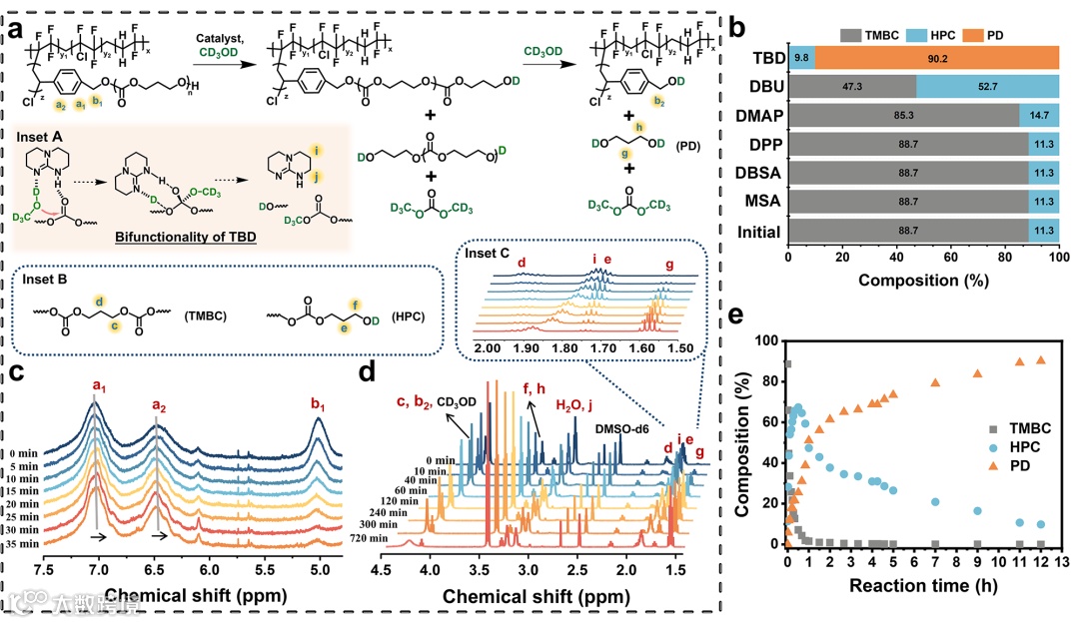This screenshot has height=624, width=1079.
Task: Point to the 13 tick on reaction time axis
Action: tap(1060, 561)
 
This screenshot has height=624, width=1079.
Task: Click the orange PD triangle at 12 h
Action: tap(1041, 360)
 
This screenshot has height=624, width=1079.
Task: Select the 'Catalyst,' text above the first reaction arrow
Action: tap(223, 37)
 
